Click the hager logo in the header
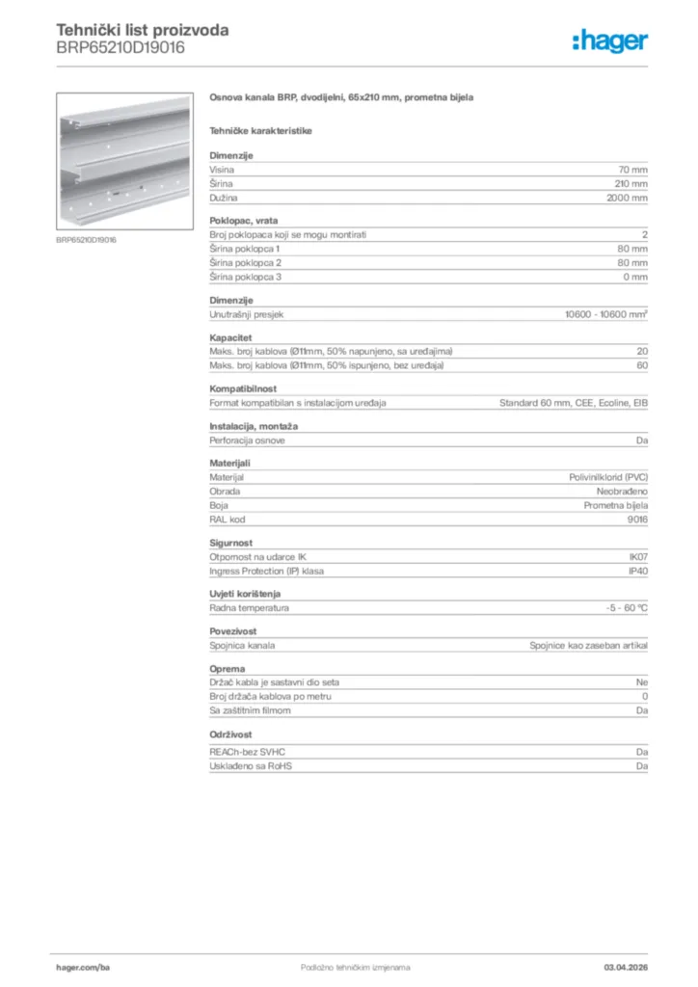click(x=610, y=40)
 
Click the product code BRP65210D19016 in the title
click(x=121, y=47)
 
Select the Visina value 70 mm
click(x=632, y=170)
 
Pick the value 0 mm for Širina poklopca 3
click(x=634, y=277)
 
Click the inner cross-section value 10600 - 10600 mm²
click(x=605, y=314)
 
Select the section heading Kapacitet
click(x=230, y=338)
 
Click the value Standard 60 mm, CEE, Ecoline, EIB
click(x=573, y=402)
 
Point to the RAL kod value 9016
click(x=637, y=519)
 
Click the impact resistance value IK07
click(x=638, y=557)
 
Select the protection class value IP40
click(x=638, y=571)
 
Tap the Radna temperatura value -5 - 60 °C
click(x=620, y=608)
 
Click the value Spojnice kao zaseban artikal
click(x=588, y=646)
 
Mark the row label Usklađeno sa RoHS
click(x=251, y=766)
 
